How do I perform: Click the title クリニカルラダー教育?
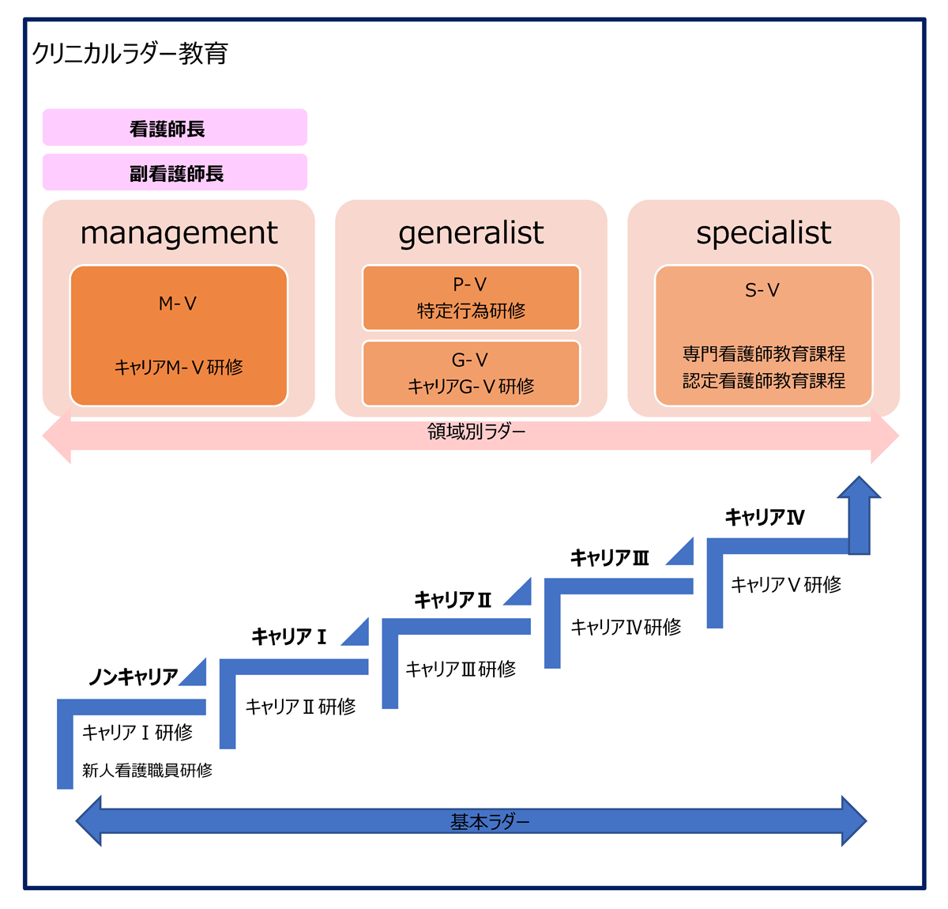click(130, 54)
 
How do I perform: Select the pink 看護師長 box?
click(175, 128)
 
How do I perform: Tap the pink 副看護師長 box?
click(175, 173)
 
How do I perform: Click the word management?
click(179, 233)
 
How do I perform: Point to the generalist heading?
click(471, 233)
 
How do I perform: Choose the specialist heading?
click(763, 233)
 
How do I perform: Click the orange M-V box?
click(179, 335)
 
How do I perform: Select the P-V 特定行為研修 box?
click(471, 298)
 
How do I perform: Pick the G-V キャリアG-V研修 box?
click(471, 373)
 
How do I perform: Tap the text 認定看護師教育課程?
click(764, 381)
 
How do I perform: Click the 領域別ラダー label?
click(476, 432)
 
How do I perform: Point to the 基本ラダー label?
click(490, 822)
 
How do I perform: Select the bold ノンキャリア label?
click(134, 677)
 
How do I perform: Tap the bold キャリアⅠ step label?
click(289, 637)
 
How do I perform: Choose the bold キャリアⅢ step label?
click(610, 558)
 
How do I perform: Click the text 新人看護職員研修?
click(148, 770)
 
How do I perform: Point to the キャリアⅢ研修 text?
click(461, 669)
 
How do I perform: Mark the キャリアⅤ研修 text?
click(786, 585)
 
